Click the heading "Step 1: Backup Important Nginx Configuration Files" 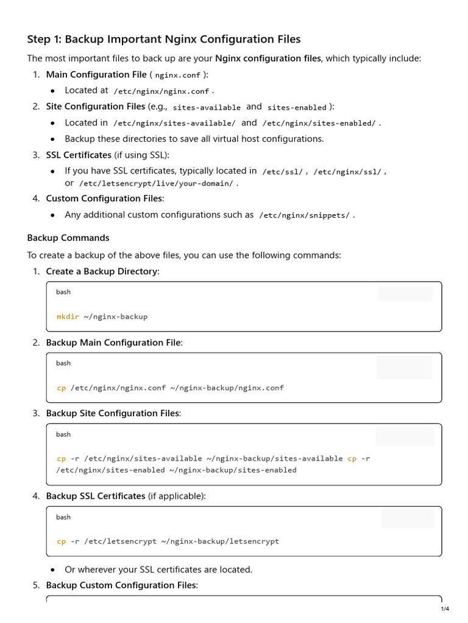[164, 40]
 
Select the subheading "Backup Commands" [68, 238]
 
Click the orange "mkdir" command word [68, 316]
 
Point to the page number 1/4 [445, 609]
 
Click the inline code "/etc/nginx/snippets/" [305, 215]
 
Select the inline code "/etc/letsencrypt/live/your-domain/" [156, 183]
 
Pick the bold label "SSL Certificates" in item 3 [79, 155]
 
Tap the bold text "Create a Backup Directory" [101, 271]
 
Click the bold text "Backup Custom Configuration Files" [121, 585]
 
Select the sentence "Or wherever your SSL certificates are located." [158, 570]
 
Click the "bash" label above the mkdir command [63, 292]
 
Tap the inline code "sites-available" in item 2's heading [207, 108]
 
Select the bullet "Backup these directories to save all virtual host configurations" [194, 139]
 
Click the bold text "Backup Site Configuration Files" [113, 413]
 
